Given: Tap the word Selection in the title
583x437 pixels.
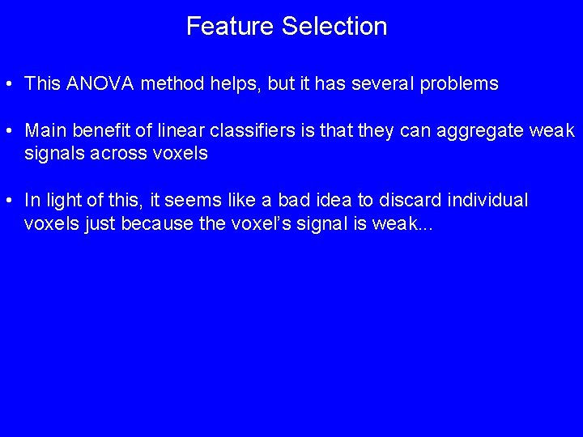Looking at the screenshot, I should (334, 26).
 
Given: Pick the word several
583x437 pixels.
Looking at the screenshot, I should (384, 83).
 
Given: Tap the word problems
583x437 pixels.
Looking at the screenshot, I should (459, 83).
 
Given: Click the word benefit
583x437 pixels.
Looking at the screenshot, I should (98, 130).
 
